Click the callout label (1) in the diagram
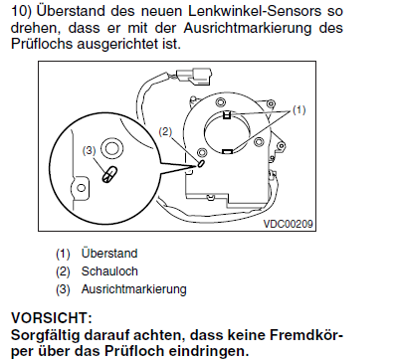pyautogui.click(x=298, y=109)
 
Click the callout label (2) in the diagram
pyautogui.click(x=165, y=132)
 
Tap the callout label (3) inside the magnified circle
pyautogui.click(x=89, y=151)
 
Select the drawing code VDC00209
pyautogui.click(x=288, y=224)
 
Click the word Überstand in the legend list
pyautogui.click(x=109, y=254)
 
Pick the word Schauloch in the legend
pyautogui.click(x=109, y=271)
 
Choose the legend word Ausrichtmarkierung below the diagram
pyautogui.click(x=134, y=289)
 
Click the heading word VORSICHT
pyautogui.click(x=51, y=318)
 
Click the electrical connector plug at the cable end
pyautogui.click(x=193, y=76)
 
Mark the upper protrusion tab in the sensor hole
pyautogui.click(x=227, y=114)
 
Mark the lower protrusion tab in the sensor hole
pyautogui.click(x=227, y=151)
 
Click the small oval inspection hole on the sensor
pyautogui.click(x=201, y=163)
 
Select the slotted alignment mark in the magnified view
pyautogui.click(x=109, y=174)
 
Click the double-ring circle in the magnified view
pyautogui.click(x=111, y=147)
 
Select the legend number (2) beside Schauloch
pyautogui.click(x=63, y=271)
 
